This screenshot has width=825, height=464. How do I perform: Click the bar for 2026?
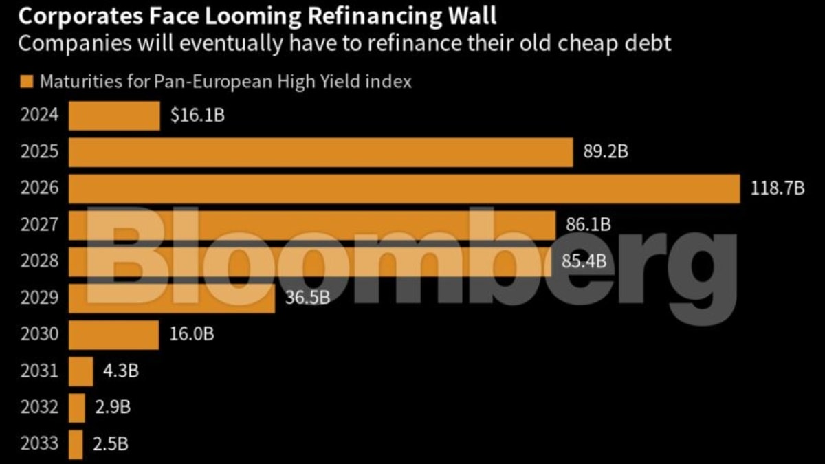(x=405, y=189)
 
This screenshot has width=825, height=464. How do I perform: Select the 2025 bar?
(x=321, y=152)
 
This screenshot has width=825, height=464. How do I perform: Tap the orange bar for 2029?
(x=172, y=298)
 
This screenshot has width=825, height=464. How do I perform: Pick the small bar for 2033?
(x=76, y=444)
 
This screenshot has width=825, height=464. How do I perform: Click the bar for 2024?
(x=114, y=115)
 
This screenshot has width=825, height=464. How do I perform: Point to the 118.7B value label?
(x=778, y=189)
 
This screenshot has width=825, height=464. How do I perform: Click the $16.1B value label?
(x=197, y=115)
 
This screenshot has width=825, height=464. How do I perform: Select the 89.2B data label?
(x=606, y=152)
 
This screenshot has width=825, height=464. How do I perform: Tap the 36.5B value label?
(x=308, y=298)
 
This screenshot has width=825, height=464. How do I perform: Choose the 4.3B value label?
(x=121, y=371)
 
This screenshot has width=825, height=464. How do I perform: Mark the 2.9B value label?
(x=113, y=408)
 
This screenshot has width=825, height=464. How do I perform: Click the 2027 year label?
(x=40, y=225)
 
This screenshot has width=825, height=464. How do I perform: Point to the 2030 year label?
(x=40, y=335)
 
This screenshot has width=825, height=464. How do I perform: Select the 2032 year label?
(x=40, y=408)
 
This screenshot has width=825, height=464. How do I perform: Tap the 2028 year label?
(x=40, y=261)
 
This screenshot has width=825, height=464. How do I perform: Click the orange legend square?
(x=27, y=82)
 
